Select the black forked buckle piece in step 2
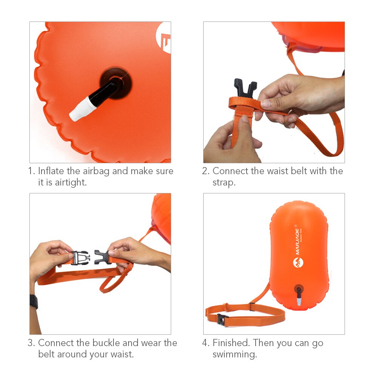[x=245, y=89]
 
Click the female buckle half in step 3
[x=102, y=257]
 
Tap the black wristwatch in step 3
[x=34, y=302]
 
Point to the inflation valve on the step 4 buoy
[x=299, y=296]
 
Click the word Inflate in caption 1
[x=52, y=171]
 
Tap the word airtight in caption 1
[x=70, y=182]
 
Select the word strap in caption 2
[x=224, y=182]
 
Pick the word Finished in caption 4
[x=231, y=343]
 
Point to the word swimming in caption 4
[x=234, y=354]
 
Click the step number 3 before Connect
[x=31, y=343]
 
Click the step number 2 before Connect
[x=205, y=171]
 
